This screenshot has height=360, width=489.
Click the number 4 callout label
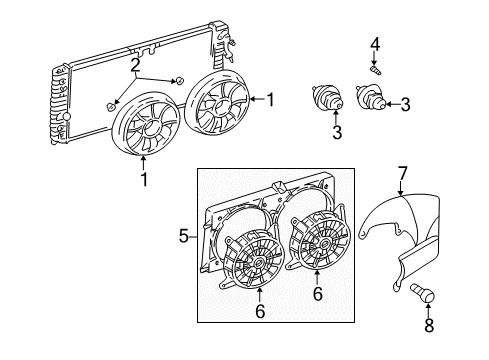(x=375, y=42)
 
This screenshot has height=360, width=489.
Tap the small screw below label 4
(x=375, y=69)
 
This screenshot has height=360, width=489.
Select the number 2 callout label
(x=133, y=65)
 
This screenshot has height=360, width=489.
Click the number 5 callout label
(x=183, y=237)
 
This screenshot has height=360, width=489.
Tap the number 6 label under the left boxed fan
(x=258, y=339)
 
